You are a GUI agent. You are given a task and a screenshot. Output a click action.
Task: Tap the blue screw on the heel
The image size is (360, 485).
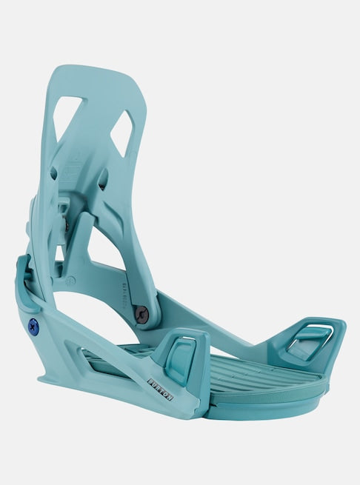33,325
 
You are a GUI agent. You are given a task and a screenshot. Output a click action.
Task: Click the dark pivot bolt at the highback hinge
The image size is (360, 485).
141,315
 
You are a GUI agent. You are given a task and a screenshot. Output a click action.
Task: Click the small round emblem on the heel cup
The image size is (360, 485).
71,281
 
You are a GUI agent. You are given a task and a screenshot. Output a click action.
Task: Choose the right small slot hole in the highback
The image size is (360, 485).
102,178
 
